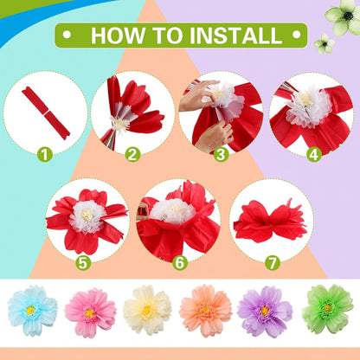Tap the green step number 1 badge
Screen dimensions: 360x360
(x=44, y=156)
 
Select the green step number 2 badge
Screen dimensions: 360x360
(x=132, y=156)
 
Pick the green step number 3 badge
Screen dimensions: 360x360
(x=221, y=156)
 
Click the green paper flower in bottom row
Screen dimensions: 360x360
(x=327, y=309)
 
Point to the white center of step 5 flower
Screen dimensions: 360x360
(x=87, y=215)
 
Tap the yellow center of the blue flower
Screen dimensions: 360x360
(x=32, y=310)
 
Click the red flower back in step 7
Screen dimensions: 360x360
(x=270, y=220)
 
